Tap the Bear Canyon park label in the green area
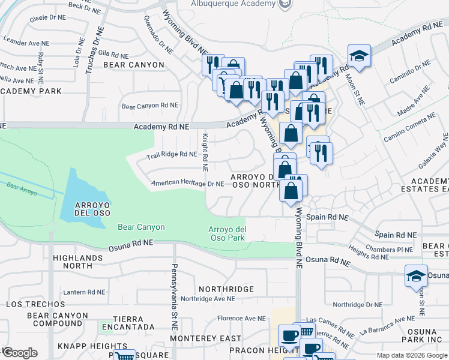click(x=141, y=227)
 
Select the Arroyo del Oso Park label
click(x=227, y=234)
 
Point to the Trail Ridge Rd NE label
click(x=172, y=154)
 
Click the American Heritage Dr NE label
click(x=187, y=184)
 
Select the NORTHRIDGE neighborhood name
click(x=226, y=289)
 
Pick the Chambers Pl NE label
click(x=388, y=249)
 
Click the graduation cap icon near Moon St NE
click(x=359, y=56)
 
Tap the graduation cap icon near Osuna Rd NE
click(x=416, y=275)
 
